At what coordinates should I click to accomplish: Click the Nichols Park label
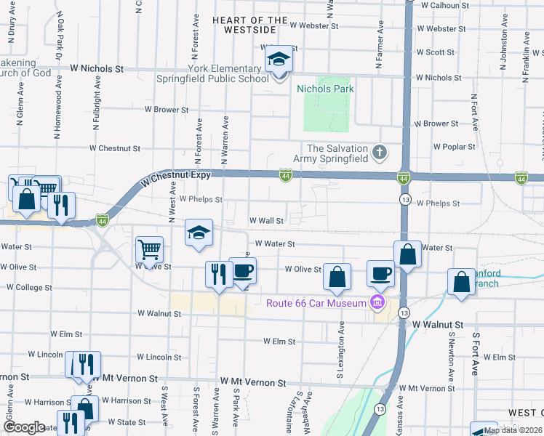pos(325,89)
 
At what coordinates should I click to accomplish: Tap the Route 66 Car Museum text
pos(316,303)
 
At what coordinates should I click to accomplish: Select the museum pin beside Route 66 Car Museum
pos(377,303)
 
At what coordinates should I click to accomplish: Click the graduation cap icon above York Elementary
pos(277,60)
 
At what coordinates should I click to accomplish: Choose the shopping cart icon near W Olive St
pos(149,249)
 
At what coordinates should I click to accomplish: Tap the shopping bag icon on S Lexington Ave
pos(337,276)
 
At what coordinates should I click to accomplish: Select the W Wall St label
pos(266,220)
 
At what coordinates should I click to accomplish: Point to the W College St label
pos(29,287)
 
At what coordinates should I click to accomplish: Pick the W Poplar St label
pos(454,146)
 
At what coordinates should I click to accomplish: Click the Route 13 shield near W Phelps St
pos(404,198)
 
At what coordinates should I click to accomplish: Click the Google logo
pos(24,427)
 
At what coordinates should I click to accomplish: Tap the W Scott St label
pos(435,52)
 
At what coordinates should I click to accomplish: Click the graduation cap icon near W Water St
pos(199,233)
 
